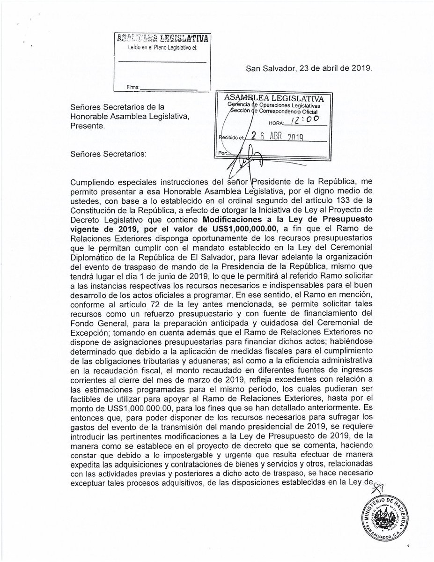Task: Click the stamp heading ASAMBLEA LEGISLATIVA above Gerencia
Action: coord(274,98)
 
